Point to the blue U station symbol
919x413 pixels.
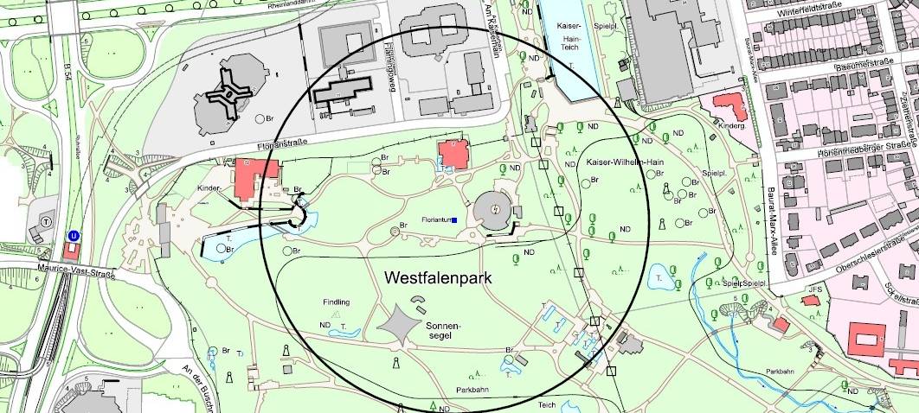pyautogui.click(x=74, y=234)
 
